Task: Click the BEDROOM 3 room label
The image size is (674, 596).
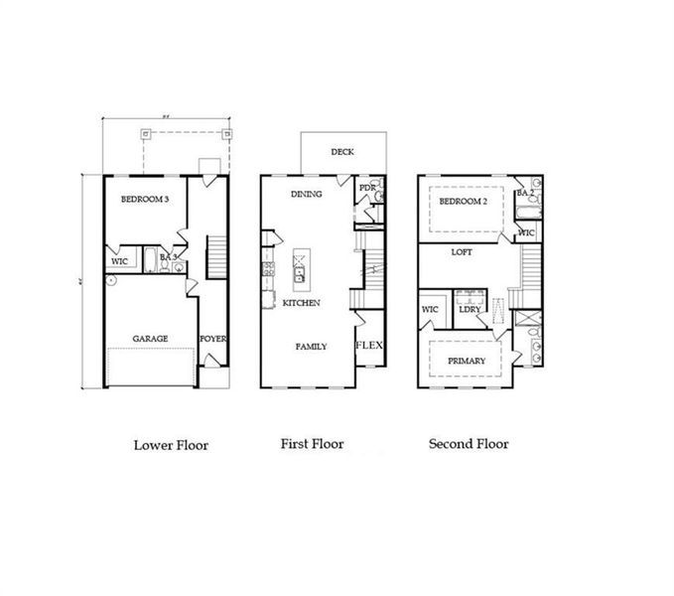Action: tap(145, 200)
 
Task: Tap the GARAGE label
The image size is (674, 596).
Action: tap(151, 338)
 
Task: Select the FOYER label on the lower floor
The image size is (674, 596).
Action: tap(213, 338)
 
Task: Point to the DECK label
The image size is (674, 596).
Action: tap(342, 152)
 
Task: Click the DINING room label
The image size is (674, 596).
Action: tap(306, 194)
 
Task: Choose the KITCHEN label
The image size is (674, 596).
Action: tap(301, 302)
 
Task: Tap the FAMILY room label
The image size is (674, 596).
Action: tap(311, 347)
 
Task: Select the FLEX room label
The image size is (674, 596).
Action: tap(369, 346)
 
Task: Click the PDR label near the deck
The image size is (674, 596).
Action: tap(365, 187)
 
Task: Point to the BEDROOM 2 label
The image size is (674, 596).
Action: tap(463, 202)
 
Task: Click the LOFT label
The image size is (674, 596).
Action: tap(462, 252)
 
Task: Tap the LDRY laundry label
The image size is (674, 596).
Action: tap(470, 309)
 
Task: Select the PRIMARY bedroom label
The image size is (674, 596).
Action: tap(467, 361)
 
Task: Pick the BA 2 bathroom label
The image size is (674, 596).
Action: tap(524, 192)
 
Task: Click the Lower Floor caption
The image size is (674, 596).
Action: tap(171, 445)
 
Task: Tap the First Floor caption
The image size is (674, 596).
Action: tap(312, 444)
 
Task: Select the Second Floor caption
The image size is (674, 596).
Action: tap(469, 444)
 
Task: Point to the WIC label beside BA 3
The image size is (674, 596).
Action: tap(120, 261)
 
